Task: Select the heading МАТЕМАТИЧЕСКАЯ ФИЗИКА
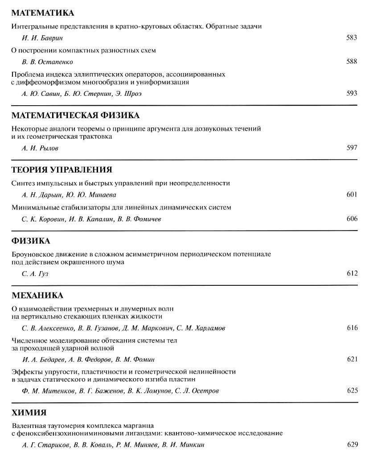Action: [x=75, y=116]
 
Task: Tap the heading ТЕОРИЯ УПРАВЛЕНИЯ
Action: [x=60, y=169]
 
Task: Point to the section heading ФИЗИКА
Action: [x=30, y=241]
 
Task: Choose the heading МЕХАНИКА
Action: [x=37, y=295]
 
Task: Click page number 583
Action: [x=352, y=38]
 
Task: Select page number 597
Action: [x=352, y=148]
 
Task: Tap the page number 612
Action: [x=352, y=273]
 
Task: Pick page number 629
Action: [x=352, y=445]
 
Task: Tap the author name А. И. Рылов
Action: [x=40, y=148]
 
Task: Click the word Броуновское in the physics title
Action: [x=33, y=254]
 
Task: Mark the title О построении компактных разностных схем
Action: [x=83, y=50]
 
